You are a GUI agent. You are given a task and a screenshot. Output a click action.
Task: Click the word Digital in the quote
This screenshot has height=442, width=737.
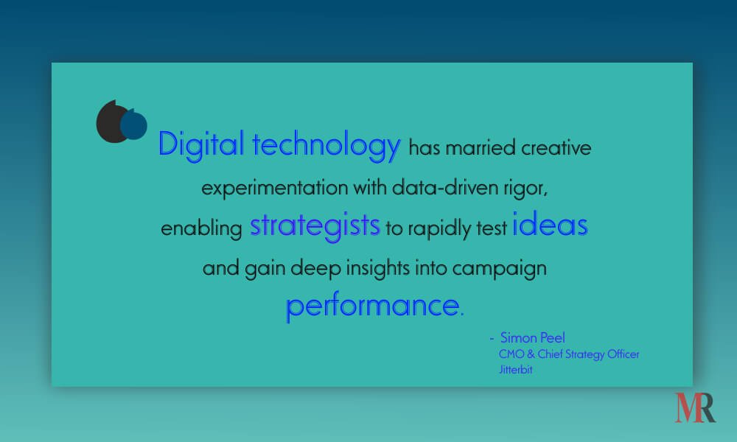200,144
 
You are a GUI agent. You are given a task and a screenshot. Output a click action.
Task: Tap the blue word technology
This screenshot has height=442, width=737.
326,145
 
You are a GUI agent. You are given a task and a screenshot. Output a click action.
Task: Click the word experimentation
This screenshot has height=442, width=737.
275,189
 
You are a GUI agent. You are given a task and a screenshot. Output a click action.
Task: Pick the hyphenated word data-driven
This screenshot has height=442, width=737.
445,188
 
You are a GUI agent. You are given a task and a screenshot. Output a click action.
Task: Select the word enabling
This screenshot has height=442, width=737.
201,229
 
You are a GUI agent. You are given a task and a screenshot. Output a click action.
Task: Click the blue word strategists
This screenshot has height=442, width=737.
315,226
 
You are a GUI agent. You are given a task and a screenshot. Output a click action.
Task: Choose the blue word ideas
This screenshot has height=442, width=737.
550,223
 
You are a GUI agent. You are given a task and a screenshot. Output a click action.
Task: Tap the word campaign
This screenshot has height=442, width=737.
500,269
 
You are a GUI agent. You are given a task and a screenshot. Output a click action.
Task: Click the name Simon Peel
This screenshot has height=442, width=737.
533,337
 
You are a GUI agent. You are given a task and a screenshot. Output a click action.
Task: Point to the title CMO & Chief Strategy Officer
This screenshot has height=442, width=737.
569,354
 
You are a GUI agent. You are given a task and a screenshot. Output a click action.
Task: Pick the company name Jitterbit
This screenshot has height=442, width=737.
516,370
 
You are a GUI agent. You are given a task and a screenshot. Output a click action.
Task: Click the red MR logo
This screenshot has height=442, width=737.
695,407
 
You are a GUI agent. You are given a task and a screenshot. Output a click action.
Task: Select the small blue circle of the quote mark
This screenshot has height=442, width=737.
133,124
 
